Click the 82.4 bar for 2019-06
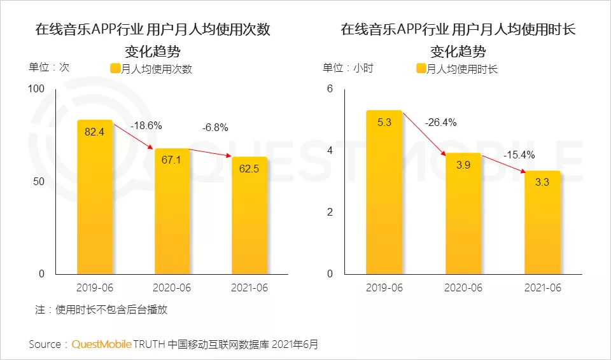(95, 197)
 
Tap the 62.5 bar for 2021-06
(249, 216)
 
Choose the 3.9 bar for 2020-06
(463, 214)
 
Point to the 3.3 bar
(542, 223)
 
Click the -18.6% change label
(146, 126)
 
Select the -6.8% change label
(214, 127)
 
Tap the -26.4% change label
(441, 122)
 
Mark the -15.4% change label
(519, 155)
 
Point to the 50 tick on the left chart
(39, 181)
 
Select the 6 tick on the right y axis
(330, 89)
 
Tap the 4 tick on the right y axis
(330, 151)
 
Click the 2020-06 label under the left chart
(172, 288)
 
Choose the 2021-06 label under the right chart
(542, 288)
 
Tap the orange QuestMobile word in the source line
(101, 345)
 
